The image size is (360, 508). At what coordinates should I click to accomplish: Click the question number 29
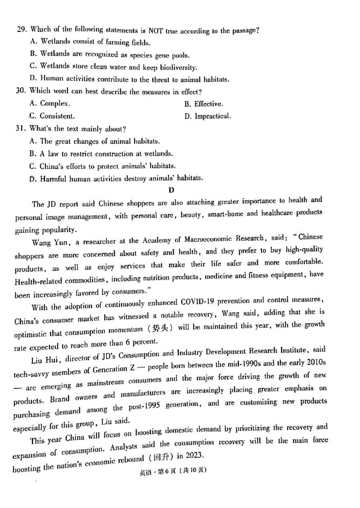tap(21, 31)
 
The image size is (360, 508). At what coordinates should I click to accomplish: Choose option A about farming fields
tap(90, 42)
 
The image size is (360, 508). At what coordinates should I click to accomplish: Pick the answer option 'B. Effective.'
tap(203, 104)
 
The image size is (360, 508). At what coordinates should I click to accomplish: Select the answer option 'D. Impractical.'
tap(207, 116)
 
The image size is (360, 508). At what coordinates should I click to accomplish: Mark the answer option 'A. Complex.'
tap(49, 104)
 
